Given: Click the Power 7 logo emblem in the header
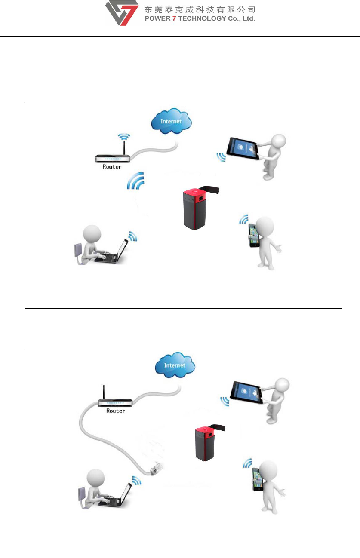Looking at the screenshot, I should tap(122, 13).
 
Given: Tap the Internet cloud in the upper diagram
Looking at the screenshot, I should tap(171, 122).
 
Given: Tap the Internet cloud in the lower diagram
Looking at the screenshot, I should tap(174, 366).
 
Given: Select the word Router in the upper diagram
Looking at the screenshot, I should tap(112, 166).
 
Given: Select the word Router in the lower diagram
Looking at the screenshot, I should tap(115, 411).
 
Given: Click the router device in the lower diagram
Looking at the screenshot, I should tap(115, 403).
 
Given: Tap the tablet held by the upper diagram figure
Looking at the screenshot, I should tap(243, 148).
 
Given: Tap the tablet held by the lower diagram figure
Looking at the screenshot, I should tap(249, 392).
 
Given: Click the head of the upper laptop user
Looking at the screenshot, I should tap(92, 236).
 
